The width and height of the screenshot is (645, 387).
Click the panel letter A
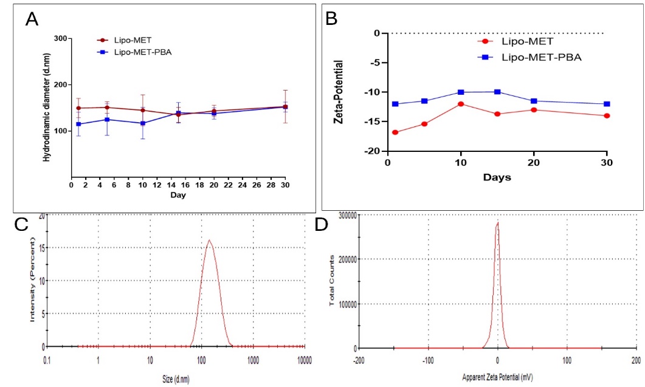(x=32, y=19)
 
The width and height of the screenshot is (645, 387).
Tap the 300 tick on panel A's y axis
(x=60, y=38)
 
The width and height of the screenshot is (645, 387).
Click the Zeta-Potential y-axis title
(x=340, y=92)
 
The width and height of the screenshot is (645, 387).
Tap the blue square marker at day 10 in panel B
(x=461, y=92)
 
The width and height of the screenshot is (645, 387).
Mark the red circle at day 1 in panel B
(x=395, y=132)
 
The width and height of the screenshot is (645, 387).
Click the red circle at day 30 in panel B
(x=607, y=115)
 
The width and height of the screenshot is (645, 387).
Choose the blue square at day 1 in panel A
(x=79, y=124)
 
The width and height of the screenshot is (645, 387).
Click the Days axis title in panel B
(x=497, y=177)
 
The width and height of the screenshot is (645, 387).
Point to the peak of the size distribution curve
(x=209, y=240)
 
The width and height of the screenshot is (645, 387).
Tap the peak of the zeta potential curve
(x=498, y=222)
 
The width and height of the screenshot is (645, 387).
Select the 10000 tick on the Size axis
(x=305, y=360)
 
